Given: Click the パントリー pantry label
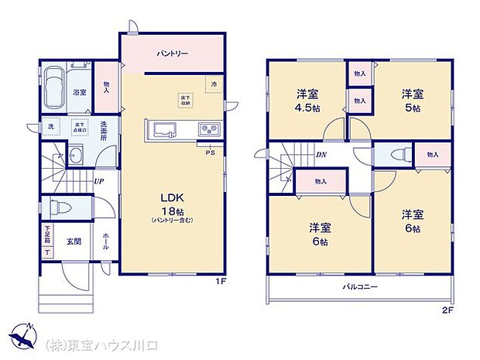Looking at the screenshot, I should (x=172, y=53).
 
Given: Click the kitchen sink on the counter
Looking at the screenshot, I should (x=165, y=129).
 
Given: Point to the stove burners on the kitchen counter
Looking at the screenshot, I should (x=208, y=129).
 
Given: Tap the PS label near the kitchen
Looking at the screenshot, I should (x=210, y=152).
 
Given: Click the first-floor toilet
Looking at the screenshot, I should (x=60, y=207).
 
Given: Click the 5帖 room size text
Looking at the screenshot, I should (x=411, y=108).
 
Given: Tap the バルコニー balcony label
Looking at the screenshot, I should (x=360, y=286).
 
